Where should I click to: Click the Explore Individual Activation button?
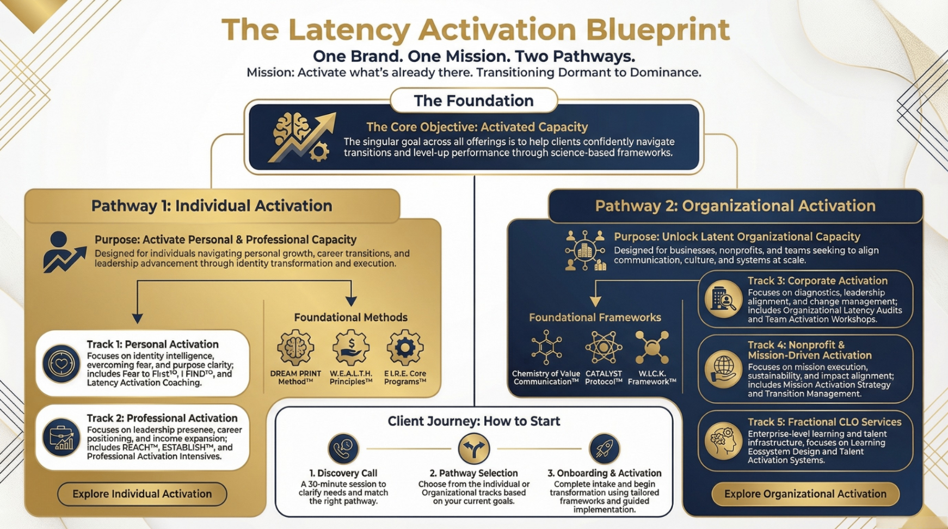click(142, 494)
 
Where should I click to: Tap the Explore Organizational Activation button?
click(805, 494)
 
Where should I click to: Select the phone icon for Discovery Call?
click(343, 449)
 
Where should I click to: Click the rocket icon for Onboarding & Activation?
click(604, 449)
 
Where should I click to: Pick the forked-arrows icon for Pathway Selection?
click(473, 449)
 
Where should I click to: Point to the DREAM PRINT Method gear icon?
click(296, 348)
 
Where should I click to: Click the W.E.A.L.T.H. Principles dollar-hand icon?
click(351, 348)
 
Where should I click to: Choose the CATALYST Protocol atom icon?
click(603, 347)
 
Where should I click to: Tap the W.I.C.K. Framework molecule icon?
click(652, 347)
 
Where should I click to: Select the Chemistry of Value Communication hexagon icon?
click(546, 347)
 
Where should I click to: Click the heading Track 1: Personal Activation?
click(152, 345)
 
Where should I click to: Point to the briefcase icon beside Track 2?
click(61, 437)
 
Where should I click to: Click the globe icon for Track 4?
click(723, 369)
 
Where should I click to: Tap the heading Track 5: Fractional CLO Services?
click(824, 422)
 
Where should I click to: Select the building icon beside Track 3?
click(723, 299)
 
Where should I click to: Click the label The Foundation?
click(473, 101)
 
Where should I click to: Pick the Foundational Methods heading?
click(350, 317)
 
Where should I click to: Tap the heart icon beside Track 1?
click(61, 364)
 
